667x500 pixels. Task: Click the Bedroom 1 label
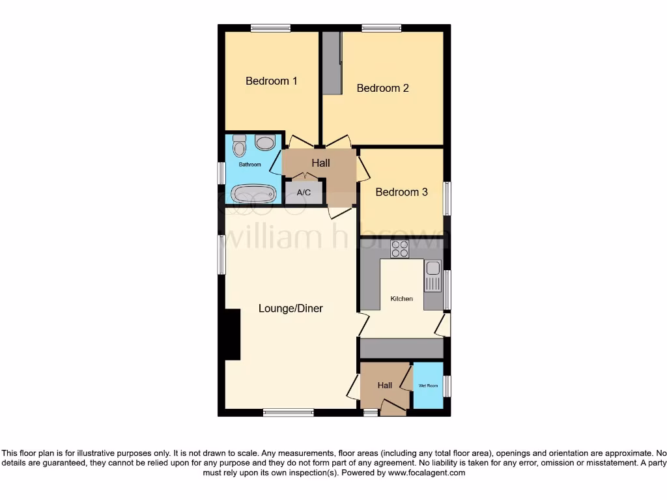point(271,81)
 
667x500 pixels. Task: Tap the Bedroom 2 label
point(382,88)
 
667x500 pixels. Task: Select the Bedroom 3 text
point(401,192)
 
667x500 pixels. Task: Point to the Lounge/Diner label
point(291,309)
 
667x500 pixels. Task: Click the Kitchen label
point(401,299)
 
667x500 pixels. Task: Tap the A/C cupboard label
point(304,193)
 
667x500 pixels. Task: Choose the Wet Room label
point(428,386)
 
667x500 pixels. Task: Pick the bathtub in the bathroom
point(254,193)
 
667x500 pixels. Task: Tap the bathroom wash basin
point(265,143)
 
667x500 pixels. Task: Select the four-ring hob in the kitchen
point(399,249)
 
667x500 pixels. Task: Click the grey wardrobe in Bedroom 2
point(332,62)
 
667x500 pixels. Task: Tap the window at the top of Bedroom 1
point(270,28)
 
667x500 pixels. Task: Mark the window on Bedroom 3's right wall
point(447,198)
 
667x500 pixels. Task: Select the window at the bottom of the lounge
point(288,412)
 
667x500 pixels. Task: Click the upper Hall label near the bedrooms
point(320,163)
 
